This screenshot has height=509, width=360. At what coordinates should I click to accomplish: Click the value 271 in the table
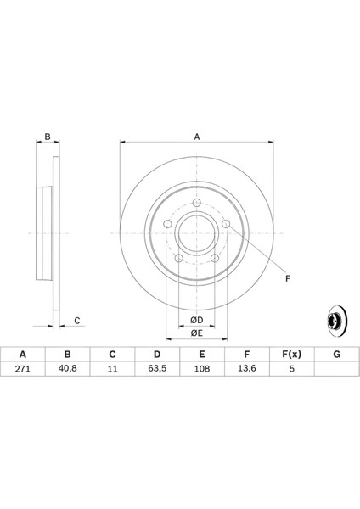[22, 369]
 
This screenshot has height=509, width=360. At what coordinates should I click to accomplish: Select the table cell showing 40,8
[67, 369]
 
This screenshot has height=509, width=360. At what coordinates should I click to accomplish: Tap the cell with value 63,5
[157, 369]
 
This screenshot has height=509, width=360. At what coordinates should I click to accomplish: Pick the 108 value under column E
[202, 369]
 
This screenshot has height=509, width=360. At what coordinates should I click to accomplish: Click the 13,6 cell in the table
[246, 369]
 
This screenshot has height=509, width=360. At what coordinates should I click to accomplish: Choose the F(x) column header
[291, 354]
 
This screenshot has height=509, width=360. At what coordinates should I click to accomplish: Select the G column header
[336, 354]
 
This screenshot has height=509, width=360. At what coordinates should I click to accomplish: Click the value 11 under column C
[112, 369]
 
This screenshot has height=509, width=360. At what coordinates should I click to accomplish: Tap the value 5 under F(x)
[292, 369]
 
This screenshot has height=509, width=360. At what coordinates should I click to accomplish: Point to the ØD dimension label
[197, 320]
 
